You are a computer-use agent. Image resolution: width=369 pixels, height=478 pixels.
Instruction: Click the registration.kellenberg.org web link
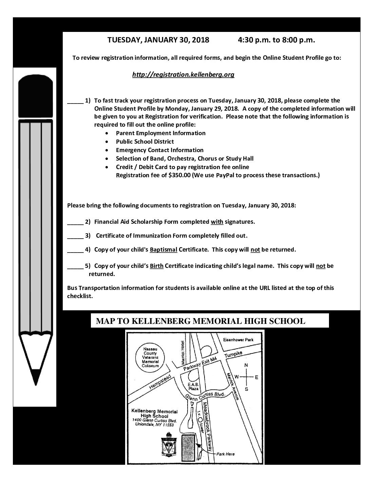coord(183,75)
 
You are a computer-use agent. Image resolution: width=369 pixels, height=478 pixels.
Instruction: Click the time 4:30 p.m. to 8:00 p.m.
coord(276,40)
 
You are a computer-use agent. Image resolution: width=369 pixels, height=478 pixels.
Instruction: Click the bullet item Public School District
coord(145,142)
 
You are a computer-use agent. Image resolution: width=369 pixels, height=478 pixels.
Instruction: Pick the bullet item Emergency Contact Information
coord(159,150)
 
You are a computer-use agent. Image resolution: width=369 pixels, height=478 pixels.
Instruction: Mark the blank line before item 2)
coord(75,222)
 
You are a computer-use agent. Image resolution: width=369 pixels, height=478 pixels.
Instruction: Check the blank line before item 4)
coord(75,250)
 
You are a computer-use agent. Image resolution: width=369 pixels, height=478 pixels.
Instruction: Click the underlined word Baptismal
coord(163,250)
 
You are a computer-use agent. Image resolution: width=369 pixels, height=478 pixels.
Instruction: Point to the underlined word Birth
coord(157,266)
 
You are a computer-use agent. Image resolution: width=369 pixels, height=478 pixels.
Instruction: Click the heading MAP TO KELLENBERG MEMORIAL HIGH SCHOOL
coord(200,321)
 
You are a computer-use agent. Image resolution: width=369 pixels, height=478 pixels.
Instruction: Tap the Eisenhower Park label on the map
coord(238,340)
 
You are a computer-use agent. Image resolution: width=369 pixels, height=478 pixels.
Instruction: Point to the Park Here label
coord(225,454)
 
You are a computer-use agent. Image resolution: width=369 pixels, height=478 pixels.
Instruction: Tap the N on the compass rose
coord(246,365)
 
